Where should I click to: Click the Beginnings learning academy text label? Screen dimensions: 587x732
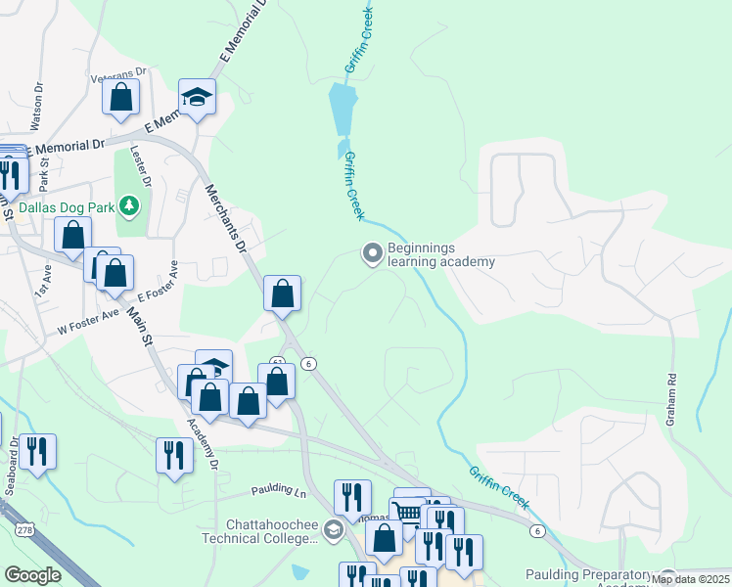coord(440,255)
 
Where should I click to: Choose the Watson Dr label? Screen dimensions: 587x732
coord(40,101)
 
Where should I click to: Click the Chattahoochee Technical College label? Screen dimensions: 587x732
coord(259,531)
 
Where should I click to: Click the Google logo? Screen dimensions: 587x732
coord(32,575)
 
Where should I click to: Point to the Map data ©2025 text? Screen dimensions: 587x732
coord(689,579)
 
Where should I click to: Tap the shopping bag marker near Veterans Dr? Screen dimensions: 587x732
coord(121,97)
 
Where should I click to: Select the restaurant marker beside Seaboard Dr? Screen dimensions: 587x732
coord(38,452)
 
